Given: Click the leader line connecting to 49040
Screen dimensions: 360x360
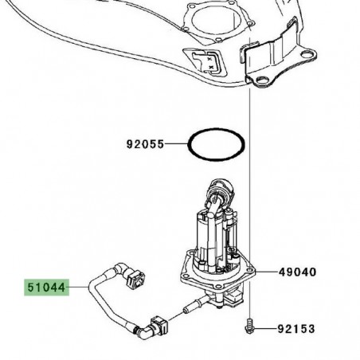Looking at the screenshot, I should click(x=268, y=272).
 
